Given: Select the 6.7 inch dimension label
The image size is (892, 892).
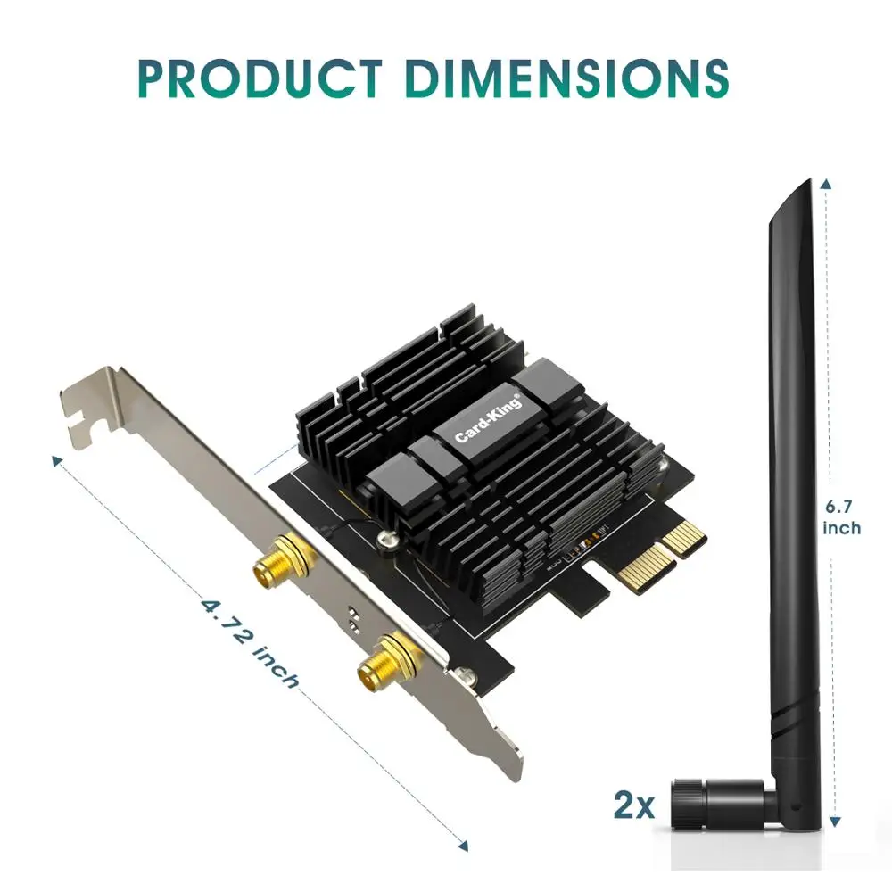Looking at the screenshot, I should point(841,517).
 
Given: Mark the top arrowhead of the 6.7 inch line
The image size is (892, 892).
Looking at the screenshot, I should point(828,183).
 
